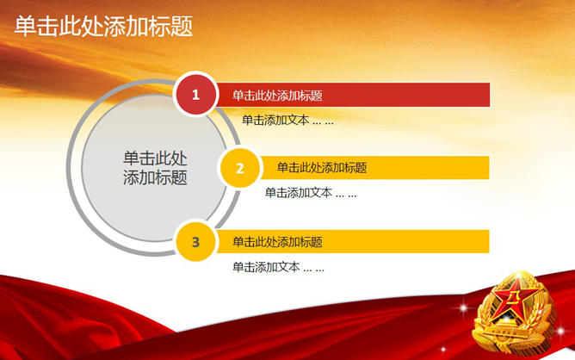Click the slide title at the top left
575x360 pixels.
[103, 26]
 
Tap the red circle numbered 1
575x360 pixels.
[195, 95]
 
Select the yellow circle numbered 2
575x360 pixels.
[240, 168]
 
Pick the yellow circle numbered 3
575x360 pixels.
[195, 241]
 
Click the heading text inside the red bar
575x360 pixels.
[277, 96]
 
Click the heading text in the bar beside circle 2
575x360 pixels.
[322, 168]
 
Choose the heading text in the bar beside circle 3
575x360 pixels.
[277, 242]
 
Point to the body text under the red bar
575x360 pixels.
[287, 120]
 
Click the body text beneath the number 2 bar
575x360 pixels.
[311, 193]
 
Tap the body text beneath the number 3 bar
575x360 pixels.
[278, 267]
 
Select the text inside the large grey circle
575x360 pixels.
[155, 168]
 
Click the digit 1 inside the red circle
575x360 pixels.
[195, 95]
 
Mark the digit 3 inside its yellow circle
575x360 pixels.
[195, 242]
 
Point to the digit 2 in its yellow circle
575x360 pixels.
[240, 169]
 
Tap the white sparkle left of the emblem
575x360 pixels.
[463, 307]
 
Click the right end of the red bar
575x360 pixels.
[490, 95]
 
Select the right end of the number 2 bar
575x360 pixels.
[489, 168]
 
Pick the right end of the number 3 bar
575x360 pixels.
[489, 241]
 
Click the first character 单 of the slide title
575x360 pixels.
[25, 26]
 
